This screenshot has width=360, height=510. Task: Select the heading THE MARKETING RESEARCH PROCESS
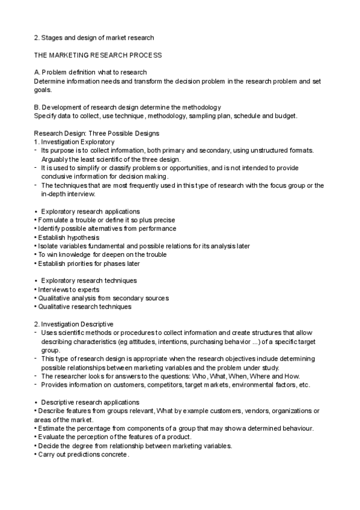[97, 55]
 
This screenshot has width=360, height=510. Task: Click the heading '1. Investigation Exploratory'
[73, 141]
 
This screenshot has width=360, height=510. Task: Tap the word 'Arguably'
[55, 159]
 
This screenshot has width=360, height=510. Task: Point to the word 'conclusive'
[58, 177]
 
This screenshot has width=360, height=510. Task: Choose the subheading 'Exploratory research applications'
[90, 212]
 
